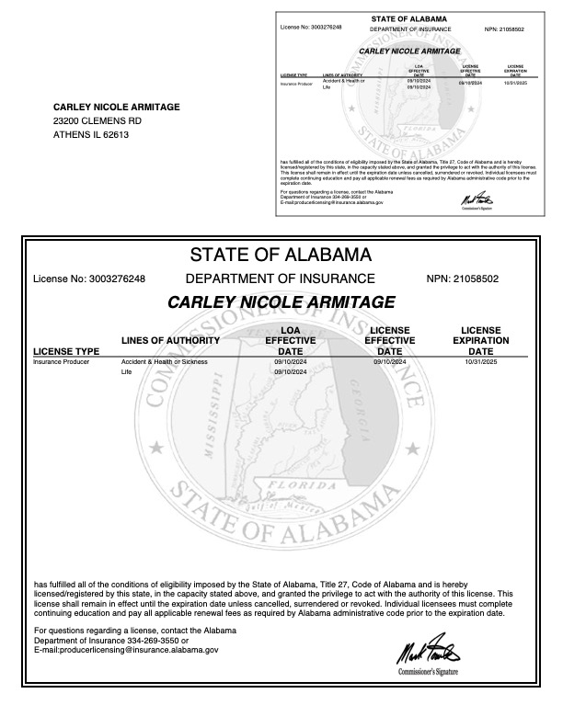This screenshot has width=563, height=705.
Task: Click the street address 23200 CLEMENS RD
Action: coord(97,121)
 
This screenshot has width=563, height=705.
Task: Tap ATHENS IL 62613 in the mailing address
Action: coord(91,135)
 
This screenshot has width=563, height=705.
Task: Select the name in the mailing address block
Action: coord(117,107)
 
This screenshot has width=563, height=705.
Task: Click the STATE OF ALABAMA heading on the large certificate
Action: coord(281,254)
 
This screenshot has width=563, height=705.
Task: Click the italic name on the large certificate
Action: coord(281,301)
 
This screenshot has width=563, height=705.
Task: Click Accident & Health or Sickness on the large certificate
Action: coord(165,363)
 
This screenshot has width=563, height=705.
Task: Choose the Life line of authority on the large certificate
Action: coord(127,373)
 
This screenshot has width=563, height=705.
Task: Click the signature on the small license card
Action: coord(473,198)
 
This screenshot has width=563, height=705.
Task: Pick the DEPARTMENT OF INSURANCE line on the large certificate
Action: coord(281,279)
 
